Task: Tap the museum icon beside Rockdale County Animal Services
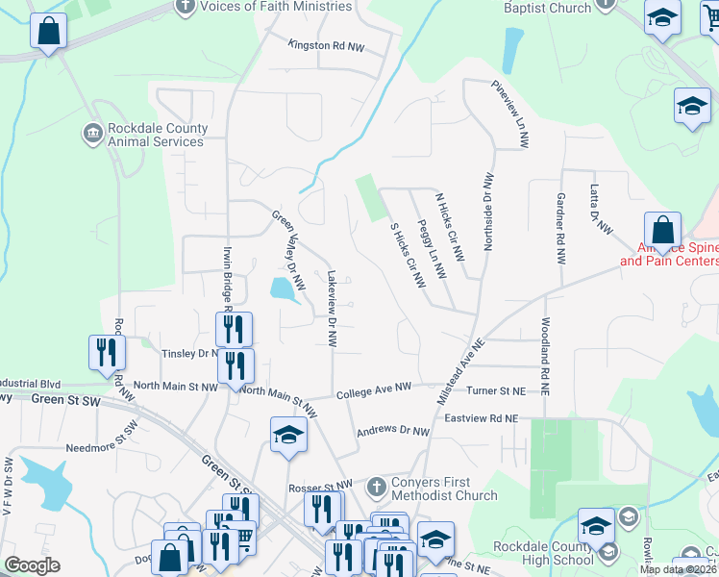tap(92, 132)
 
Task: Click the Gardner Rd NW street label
tap(559, 229)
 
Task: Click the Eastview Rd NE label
tap(482, 418)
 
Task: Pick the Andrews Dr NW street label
tap(392, 432)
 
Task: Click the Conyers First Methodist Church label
tap(444, 489)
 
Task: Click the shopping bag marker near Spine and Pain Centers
tap(662, 232)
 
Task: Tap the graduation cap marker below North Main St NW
tap(287, 436)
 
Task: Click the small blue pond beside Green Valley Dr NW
tap(282, 288)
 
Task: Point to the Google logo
tap(33, 565)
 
